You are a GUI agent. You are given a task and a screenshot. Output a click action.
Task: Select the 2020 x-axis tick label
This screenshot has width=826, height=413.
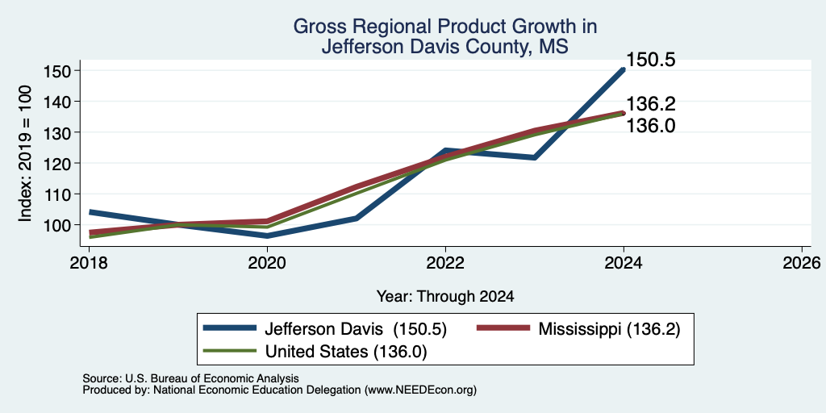coord(267,262)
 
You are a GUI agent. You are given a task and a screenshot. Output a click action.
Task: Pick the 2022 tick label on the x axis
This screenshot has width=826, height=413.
coord(445,262)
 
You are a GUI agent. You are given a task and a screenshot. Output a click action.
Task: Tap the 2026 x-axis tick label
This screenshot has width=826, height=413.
coord(802,262)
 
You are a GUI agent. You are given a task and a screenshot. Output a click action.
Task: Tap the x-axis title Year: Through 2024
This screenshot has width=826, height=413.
coord(445,297)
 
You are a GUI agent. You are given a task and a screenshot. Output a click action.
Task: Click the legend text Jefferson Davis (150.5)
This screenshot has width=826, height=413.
coord(356,330)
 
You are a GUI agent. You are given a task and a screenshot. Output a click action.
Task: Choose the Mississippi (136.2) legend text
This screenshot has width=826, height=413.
coord(609,330)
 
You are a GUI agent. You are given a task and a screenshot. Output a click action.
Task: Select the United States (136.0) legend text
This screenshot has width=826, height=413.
coord(345,352)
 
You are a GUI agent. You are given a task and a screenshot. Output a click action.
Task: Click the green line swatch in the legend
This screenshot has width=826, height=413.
coord(230,351)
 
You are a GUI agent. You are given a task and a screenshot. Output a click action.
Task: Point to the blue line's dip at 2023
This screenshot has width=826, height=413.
coord(535,157)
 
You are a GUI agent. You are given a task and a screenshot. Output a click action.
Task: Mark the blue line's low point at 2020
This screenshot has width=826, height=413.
coord(267,236)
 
